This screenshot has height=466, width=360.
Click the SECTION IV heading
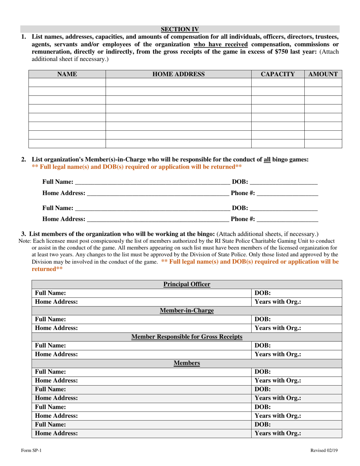point(180,29)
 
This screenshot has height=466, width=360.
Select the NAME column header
point(67,74)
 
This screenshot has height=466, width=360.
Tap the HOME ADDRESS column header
point(178,74)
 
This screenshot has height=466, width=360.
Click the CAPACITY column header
point(278,74)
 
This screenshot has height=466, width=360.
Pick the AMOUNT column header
point(323,74)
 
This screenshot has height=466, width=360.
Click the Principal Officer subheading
point(186,284)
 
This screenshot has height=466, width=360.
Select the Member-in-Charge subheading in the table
point(186,311)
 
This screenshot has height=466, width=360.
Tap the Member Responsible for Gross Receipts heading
point(186,337)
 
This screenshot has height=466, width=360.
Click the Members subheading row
point(186,363)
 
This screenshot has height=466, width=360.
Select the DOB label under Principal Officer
point(262,293)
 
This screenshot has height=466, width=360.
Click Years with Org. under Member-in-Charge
point(278,328)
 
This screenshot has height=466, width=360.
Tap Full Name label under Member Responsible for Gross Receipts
point(50,346)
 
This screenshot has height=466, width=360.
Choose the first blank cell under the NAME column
point(67,83)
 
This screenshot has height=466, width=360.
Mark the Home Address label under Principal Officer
point(56,302)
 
